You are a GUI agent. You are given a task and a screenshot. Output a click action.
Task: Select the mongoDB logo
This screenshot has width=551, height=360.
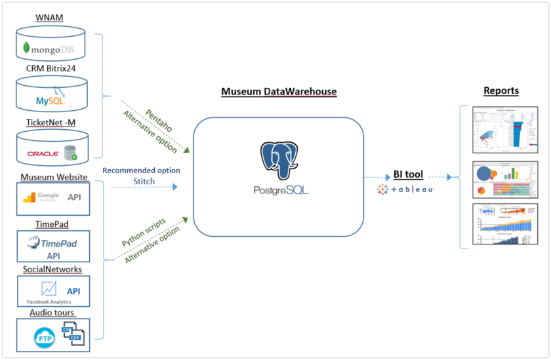point(49,49)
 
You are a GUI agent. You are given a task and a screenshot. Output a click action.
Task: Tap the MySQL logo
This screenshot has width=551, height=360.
point(51,100)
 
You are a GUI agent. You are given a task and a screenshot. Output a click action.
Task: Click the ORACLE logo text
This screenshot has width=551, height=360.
point(43,154)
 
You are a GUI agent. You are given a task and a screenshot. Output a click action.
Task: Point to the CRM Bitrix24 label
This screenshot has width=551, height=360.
point(51,68)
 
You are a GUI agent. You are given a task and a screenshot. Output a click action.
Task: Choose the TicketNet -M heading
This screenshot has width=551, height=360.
point(52,122)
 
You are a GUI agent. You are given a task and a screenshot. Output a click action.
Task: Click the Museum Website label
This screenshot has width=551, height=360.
point(53,177)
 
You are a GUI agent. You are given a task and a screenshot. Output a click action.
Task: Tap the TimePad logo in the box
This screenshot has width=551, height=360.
point(52,243)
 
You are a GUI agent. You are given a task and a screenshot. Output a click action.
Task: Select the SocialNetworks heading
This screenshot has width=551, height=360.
point(52,270)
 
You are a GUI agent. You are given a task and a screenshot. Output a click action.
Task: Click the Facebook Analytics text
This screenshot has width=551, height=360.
point(49,302)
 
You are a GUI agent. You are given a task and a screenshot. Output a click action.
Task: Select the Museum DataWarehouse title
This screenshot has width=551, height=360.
point(278,92)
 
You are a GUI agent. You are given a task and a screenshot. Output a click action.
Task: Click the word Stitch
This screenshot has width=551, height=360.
point(144,181)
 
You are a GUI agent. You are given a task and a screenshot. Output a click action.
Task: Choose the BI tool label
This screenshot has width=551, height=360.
point(408,174)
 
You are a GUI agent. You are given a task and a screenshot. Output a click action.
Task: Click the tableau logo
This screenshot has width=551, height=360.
point(405,190)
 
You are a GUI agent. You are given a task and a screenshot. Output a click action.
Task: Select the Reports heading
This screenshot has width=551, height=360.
point(500,90)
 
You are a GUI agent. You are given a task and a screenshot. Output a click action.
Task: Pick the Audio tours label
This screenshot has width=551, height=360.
point(52,313)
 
